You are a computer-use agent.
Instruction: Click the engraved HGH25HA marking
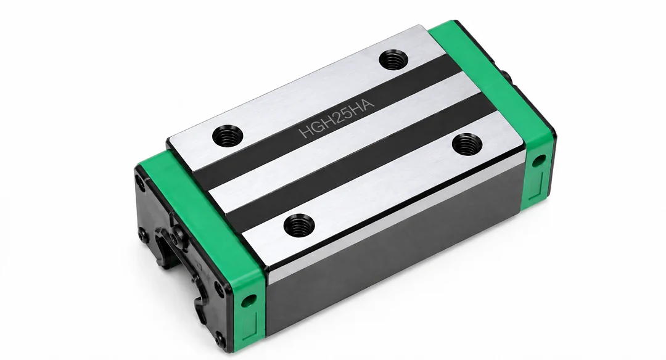337,119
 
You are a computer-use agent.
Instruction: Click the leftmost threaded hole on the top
227,136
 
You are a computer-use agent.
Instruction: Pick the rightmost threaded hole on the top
467,144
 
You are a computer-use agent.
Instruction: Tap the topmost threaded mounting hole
393,59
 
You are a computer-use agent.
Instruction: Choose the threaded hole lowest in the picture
299,225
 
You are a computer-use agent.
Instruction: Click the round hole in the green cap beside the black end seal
249,301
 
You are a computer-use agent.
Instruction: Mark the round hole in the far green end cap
538,160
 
